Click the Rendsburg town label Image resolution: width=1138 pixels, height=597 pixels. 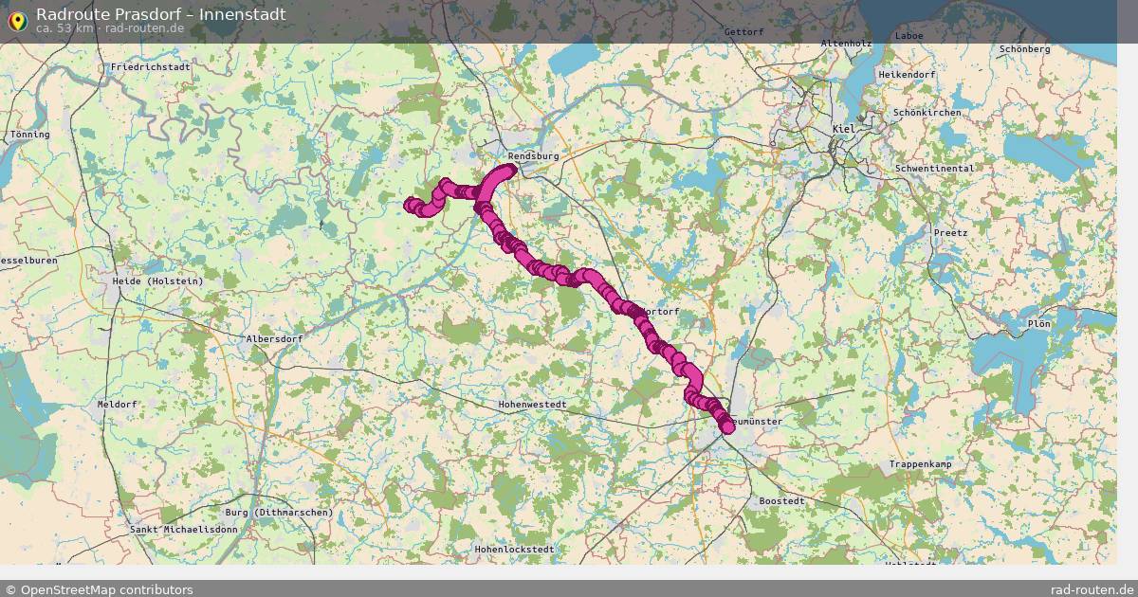coord(533,155)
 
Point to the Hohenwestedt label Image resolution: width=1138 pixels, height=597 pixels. coord(532,405)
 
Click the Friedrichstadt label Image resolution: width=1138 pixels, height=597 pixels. coord(151,68)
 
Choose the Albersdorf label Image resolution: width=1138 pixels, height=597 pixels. coord(274,338)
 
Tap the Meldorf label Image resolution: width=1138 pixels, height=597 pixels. coord(118,405)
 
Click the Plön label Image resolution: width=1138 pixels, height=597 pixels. coord(1038,324)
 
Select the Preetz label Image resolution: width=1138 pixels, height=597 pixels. coord(950,233)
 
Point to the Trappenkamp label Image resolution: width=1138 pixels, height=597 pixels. coord(920,464)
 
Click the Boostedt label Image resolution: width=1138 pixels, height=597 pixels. coord(782,500)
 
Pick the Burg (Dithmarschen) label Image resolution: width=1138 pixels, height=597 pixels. coord(280,513)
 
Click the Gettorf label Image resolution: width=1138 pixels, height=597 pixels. coord(743,32)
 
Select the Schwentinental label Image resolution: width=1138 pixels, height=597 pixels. coord(934,169)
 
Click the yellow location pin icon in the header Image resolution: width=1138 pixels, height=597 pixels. coord(16,19)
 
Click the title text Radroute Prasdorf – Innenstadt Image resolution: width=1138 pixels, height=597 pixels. coord(160,14)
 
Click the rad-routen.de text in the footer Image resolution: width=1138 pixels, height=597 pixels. coord(1092,589)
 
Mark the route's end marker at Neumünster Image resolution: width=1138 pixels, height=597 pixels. coord(727,427)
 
